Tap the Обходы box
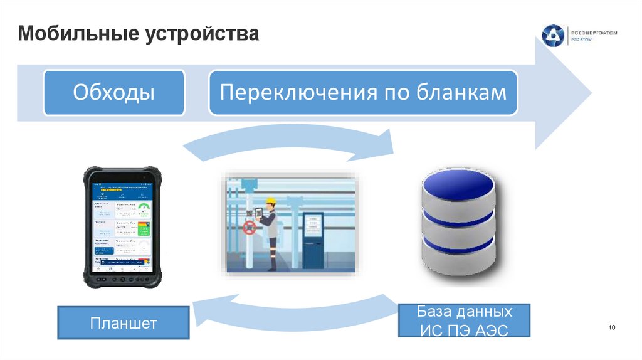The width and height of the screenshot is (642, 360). (113, 93)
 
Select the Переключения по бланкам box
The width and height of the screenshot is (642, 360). (363, 93)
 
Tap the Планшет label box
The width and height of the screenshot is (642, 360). (123, 323)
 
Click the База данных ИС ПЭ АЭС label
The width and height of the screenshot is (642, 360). (464, 320)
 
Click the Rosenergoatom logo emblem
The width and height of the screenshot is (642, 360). (553, 35)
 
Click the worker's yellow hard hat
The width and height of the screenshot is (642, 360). (270, 202)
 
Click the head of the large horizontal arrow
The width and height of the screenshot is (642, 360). (561, 94)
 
